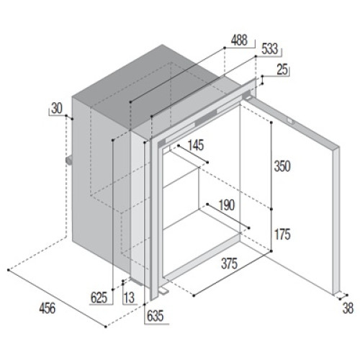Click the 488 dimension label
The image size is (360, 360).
[x=239, y=40]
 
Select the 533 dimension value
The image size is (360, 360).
[x=270, y=49]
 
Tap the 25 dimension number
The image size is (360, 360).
[x=282, y=70]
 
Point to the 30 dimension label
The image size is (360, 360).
[x=57, y=108]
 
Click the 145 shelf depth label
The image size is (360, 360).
[x=196, y=145]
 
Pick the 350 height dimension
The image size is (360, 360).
[x=282, y=166]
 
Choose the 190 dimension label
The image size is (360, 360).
[x=227, y=205]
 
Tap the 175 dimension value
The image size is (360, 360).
[x=282, y=234]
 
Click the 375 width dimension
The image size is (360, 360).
[x=229, y=264]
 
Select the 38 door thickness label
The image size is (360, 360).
[x=348, y=308]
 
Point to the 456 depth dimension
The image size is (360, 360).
[x=48, y=308]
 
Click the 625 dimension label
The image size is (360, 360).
[x=99, y=298]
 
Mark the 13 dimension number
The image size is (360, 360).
[x=129, y=298]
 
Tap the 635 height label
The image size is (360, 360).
[x=155, y=316]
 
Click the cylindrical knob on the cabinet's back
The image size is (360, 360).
[x=69, y=161]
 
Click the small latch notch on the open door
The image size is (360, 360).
[x=291, y=120]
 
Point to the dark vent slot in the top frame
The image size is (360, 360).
[x=206, y=119]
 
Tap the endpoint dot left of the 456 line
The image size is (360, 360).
[x=9, y=270]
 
